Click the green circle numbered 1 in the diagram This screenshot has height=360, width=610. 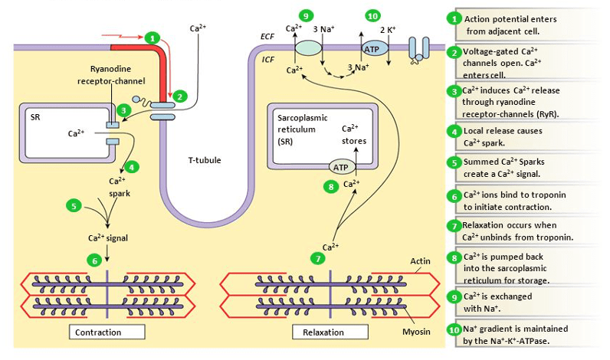(x=152, y=37)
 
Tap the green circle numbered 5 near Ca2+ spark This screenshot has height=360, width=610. (x=74, y=205)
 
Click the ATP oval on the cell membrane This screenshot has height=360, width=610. (x=372, y=48)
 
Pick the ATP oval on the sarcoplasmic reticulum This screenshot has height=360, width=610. (x=339, y=166)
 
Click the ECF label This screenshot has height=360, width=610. (x=268, y=36)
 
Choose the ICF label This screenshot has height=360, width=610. (x=268, y=58)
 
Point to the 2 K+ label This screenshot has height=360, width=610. (x=387, y=30)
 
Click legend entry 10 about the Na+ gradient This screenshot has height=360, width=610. (x=524, y=335)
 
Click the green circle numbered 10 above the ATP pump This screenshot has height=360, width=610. (x=372, y=15)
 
